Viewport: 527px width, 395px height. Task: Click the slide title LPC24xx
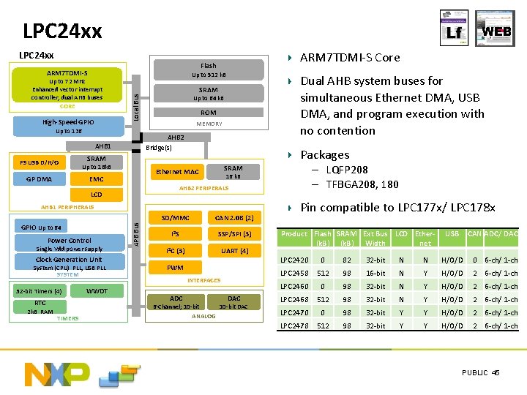tap(62, 31)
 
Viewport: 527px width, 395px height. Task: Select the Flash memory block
tap(209, 69)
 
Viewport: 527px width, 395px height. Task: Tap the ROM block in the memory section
tap(209, 113)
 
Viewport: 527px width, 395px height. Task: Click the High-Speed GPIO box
tap(68, 121)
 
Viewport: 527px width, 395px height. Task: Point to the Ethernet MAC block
tap(178, 172)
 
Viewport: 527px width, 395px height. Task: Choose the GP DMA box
tap(39, 178)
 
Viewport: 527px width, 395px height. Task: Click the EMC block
tap(96, 178)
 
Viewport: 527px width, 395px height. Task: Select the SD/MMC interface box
tap(176, 218)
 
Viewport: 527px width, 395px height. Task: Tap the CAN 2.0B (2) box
tap(233, 218)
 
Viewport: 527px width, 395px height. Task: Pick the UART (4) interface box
tap(233, 251)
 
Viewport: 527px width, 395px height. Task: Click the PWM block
tap(176, 268)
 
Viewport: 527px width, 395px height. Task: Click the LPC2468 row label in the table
tap(294, 299)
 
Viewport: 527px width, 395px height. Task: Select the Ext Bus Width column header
tap(375, 238)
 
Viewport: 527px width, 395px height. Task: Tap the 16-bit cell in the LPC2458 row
tap(375, 273)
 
